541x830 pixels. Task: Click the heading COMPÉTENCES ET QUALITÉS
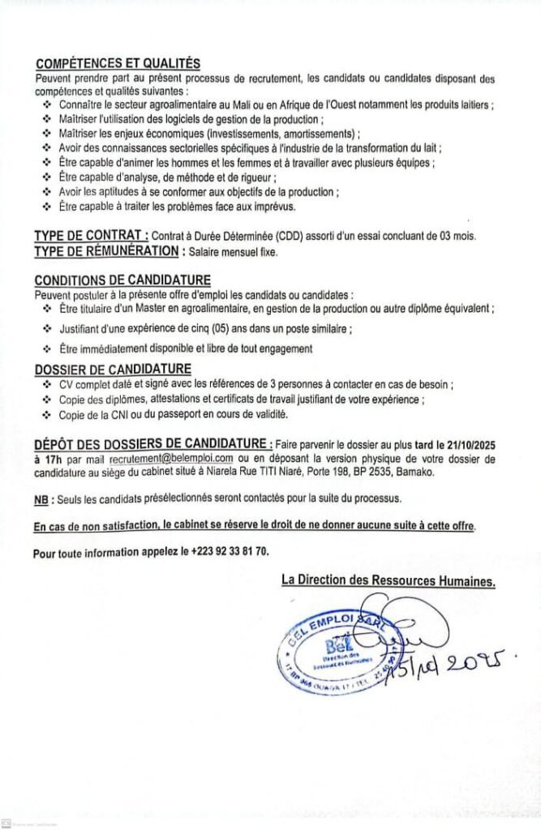tap(118, 64)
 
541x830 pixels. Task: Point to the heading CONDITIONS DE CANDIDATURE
tap(111, 280)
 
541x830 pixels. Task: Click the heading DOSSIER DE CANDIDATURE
tap(101, 370)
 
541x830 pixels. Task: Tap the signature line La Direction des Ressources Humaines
tap(388, 580)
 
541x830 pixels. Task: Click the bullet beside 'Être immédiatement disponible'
tap(46, 349)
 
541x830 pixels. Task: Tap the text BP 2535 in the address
tap(371, 471)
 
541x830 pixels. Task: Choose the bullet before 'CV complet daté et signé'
tap(46, 385)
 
